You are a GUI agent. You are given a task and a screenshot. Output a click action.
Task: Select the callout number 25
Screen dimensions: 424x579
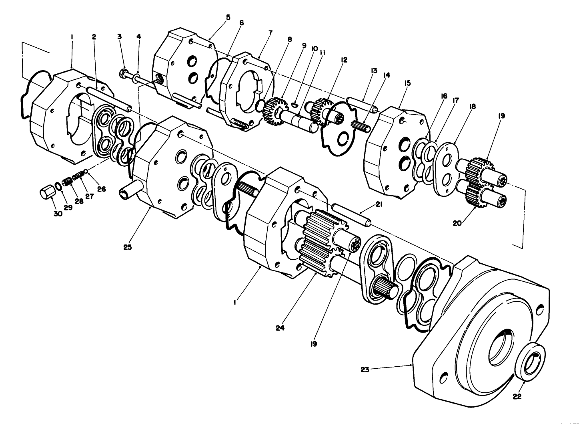click(x=127, y=247)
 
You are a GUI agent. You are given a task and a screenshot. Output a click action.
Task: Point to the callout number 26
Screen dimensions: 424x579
click(x=101, y=188)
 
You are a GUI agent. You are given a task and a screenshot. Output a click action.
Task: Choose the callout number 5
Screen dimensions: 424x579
click(x=228, y=17)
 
